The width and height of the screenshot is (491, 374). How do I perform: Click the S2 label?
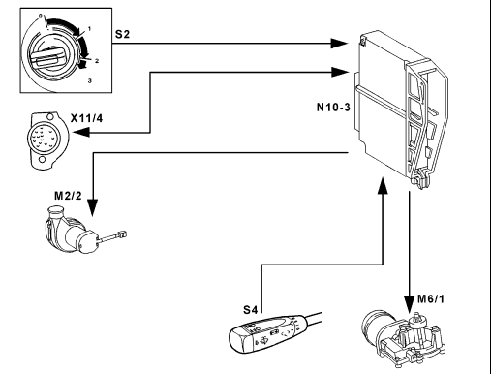(123, 34)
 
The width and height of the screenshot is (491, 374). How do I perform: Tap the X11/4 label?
(86, 118)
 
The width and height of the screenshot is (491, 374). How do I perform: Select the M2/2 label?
(68, 196)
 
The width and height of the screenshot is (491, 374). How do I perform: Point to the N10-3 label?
(333, 107)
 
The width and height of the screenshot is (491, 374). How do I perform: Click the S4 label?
(251, 310)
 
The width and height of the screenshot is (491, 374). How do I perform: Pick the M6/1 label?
(431, 299)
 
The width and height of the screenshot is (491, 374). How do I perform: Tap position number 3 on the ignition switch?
(90, 80)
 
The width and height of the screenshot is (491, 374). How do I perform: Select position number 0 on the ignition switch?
(41, 16)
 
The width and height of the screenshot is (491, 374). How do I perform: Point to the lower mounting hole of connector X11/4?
(42, 160)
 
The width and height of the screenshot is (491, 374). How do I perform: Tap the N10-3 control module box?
(402, 109)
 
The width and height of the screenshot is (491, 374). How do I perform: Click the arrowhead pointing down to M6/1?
(410, 304)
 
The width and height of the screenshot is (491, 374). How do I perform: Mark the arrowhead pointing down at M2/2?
(93, 207)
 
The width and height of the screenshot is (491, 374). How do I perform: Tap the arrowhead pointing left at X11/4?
(81, 132)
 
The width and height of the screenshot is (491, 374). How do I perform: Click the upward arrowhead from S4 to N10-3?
(383, 185)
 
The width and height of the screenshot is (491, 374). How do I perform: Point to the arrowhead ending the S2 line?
(339, 43)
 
